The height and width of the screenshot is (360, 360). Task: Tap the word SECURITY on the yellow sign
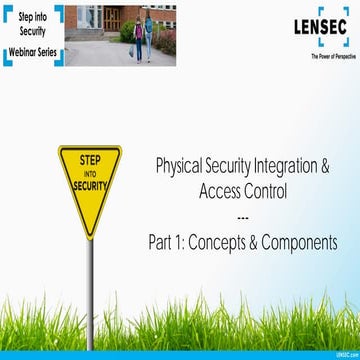coord(89,186)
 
